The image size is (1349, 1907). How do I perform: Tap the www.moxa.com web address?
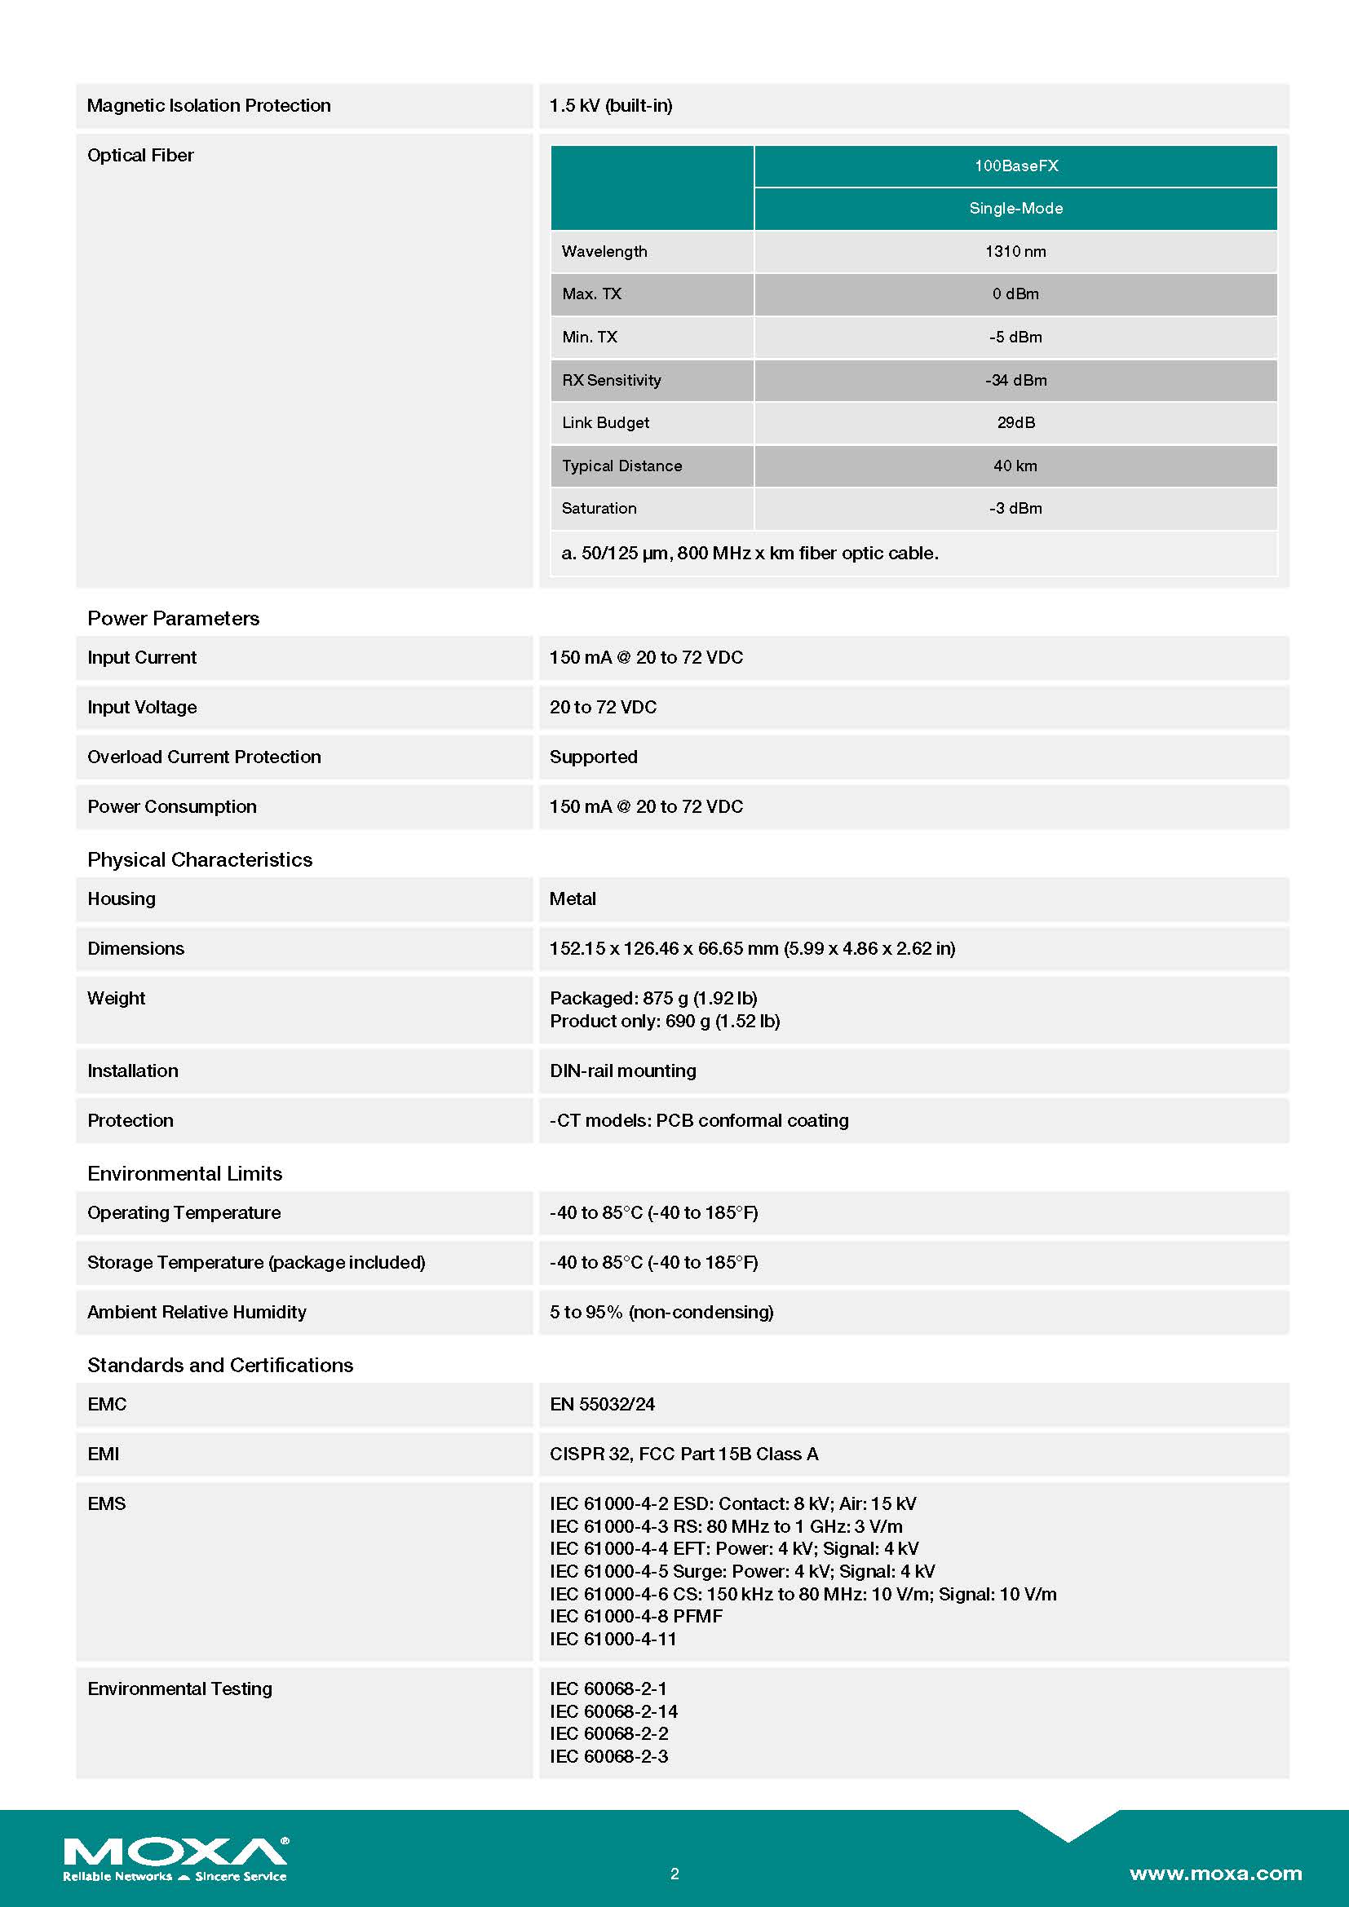pyautogui.click(x=1215, y=1873)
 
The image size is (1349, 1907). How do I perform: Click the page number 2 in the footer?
pyautogui.click(x=674, y=1874)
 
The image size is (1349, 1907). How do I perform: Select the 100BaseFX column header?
pyautogui.click(x=1016, y=166)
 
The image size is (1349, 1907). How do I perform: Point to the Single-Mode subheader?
pyautogui.click(x=1016, y=209)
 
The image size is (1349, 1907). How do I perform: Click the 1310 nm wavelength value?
pyautogui.click(x=1015, y=252)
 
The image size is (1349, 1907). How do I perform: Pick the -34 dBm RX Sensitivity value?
pyautogui.click(x=1015, y=381)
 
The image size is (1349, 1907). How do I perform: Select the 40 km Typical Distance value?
pyautogui.click(x=1015, y=466)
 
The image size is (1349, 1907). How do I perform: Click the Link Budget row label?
pyautogui.click(x=605, y=423)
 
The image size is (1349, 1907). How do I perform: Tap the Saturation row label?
pyautogui.click(x=599, y=508)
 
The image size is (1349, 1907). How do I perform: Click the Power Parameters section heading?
pyautogui.click(x=174, y=619)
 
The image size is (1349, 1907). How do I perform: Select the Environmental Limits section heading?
pyautogui.click(x=184, y=1173)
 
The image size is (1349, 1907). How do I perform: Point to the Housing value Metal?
pyautogui.click(x=573, y=898)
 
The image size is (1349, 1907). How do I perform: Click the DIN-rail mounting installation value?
pyautogui.click(x=623, y=1070)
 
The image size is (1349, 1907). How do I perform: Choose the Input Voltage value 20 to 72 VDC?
pyautogui.click(x=603, y=707)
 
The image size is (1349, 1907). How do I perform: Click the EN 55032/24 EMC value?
pyautogui.click(x=602, y=1405)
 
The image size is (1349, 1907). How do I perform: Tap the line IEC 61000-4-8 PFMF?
pyautogui.click(x=636, y=1616)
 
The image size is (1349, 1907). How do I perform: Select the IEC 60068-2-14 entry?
pyautogui.click(x=614, y=1712)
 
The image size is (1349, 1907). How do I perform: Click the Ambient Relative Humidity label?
pyautogui.click(x=197, y=1313)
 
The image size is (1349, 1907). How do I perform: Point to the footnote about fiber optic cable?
pyautogui.click(x=750, y=553)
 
